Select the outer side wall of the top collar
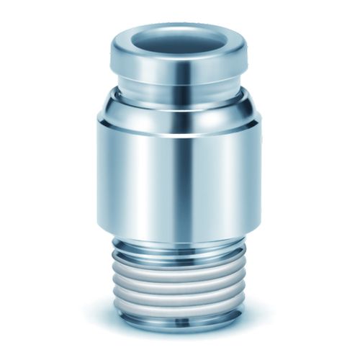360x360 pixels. pyautogui.click(x=155, y=69)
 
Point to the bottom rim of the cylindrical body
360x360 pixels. pyautogui.click(x=179, y=239)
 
